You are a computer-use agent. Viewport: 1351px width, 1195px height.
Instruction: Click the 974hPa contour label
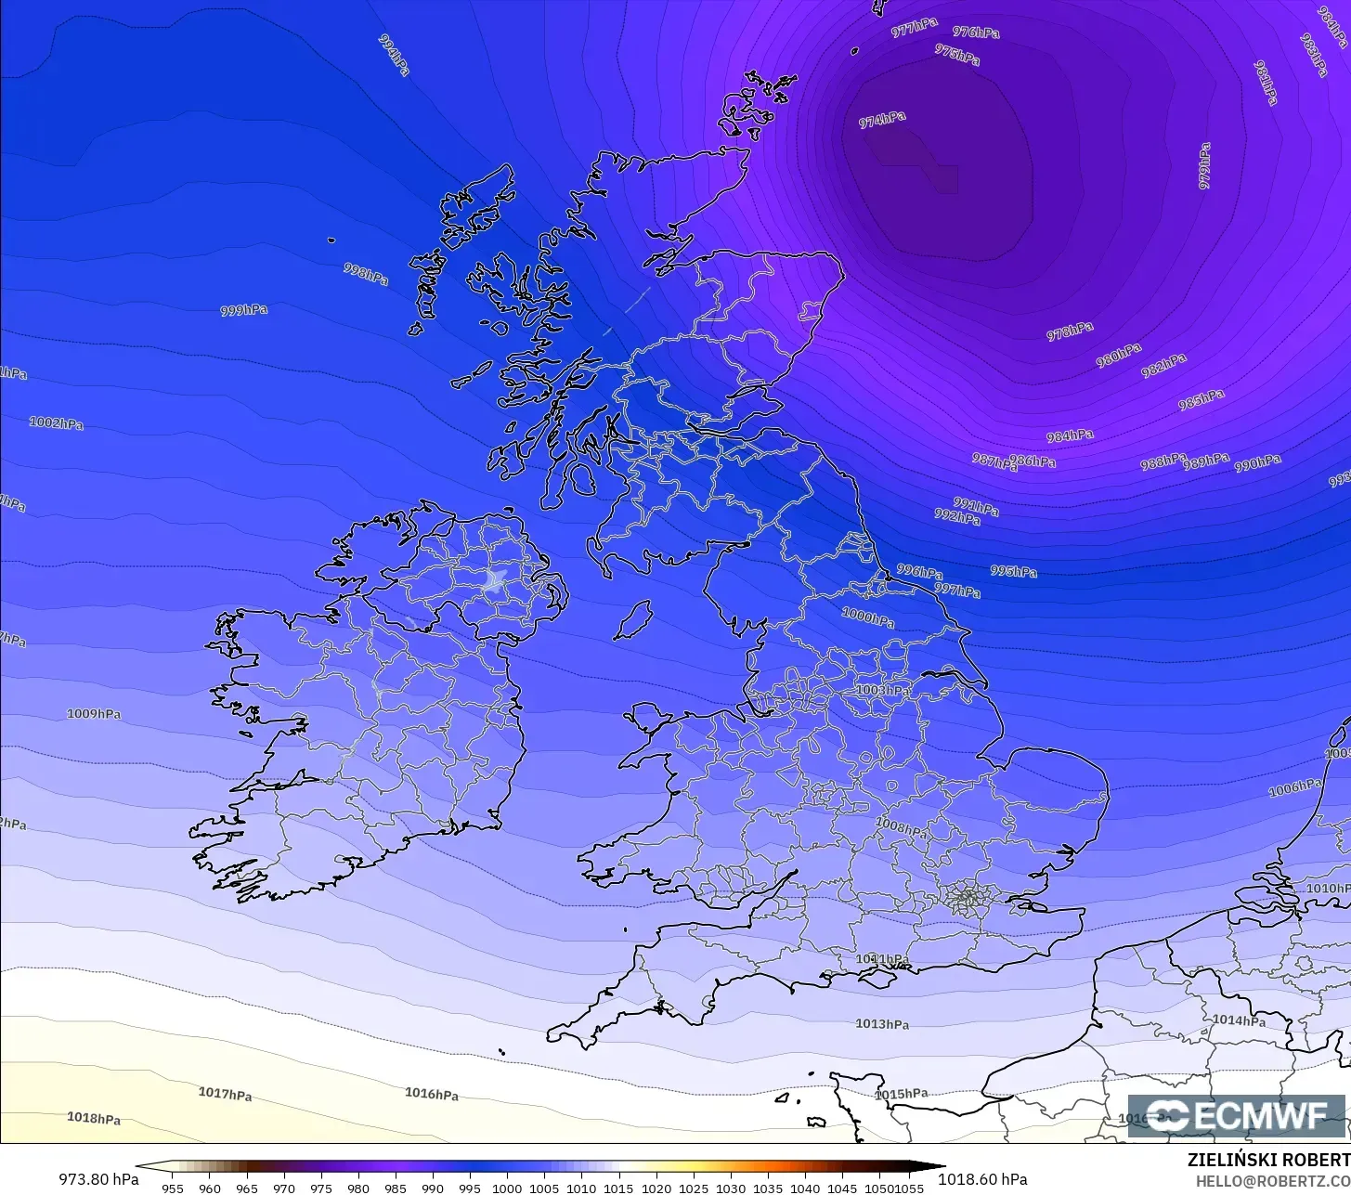[882, 120]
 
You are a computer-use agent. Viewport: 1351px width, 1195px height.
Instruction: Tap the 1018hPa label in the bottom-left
[94, 1118]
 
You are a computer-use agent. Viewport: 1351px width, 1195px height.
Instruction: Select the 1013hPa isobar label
[882, 1024]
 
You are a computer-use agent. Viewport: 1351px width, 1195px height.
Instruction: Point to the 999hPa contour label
[244, 310]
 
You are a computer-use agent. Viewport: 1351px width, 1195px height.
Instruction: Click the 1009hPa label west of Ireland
[94, 714]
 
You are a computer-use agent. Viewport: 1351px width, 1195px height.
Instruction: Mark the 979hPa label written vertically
[1205, 166]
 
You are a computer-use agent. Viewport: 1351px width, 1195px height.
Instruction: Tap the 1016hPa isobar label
[432, 1094]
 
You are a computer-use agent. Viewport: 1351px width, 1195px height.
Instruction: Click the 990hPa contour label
[1258, 462]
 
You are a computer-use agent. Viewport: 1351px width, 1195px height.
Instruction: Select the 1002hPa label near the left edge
[57, 423]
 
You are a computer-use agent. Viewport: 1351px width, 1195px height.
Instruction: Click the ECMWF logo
[1236, 1116]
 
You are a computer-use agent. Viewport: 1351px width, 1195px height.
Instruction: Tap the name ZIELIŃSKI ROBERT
[1268, 1160]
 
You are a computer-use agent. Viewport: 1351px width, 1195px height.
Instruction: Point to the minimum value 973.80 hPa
[98, 1179]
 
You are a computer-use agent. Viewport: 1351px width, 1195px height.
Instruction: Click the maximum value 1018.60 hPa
[982, 1179]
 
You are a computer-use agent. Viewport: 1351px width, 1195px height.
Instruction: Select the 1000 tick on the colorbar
[507, 1188]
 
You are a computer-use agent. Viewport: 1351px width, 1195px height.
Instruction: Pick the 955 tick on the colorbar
[173, 1188]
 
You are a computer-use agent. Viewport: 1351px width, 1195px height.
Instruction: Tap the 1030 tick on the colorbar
[731, 1188]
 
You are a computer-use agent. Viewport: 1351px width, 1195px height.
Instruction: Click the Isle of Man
[634, 619]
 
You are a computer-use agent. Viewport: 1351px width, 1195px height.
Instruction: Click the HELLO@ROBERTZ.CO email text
[1272, 1180]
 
